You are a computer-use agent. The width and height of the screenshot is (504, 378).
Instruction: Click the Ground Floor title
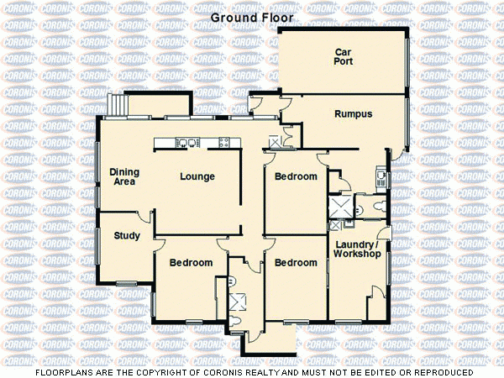pyautogui.click(x=251, y=17)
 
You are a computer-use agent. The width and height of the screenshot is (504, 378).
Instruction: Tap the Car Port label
pyautogui.click(x=343, y=56)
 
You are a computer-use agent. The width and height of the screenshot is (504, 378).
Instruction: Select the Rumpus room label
pyautogui.click(x=353, y=113)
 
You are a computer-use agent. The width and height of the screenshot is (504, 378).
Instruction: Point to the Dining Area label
pyautogui.click(x=124, y=176)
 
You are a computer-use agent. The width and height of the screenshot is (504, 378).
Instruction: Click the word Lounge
pyautogui.click(x=197, y=176)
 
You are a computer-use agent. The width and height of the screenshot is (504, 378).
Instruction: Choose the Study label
pyautogui.click(x=127, y=236)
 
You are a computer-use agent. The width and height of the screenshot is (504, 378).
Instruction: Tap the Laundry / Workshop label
pyautogui.click(x=357, y=249)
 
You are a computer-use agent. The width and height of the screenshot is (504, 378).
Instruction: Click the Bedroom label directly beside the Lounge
pyautogui.click(x=296, y=176)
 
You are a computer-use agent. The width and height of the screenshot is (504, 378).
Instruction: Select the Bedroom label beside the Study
pyautogui.click(x=191, y=263)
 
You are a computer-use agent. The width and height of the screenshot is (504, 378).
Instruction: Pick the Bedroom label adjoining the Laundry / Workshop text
pyautogui.click(x=296, y=263)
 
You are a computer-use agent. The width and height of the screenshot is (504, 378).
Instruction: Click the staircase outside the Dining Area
pyautogui.click(x=117, y=105)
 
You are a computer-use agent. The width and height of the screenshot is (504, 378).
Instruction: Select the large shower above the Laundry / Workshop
pyautogui.click(x=341, y=206)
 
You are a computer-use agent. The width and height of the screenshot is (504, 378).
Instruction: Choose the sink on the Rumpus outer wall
pyautogui.click(x=381, y=176)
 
